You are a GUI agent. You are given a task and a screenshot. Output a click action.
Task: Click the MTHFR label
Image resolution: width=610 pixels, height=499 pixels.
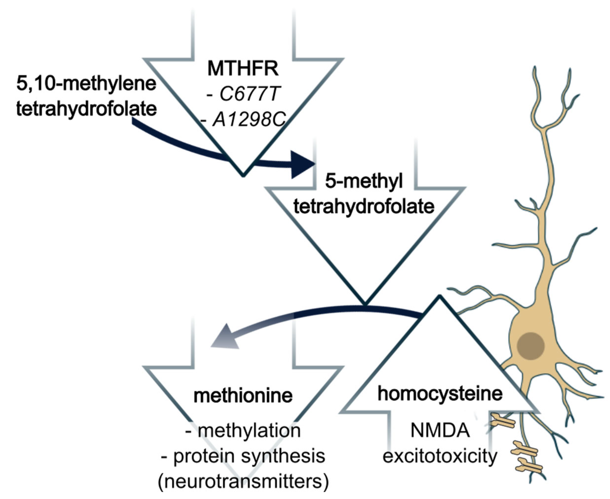click(243, 69)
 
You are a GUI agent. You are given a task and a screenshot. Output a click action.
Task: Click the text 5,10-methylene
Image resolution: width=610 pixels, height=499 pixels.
click(86, 84)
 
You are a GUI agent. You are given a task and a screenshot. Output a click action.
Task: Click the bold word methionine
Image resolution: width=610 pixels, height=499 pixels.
click(243, 396)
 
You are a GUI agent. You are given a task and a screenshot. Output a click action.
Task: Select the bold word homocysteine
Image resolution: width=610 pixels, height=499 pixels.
click(440, 393)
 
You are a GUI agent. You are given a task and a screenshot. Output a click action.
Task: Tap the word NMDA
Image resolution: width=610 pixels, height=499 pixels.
click(440, 430)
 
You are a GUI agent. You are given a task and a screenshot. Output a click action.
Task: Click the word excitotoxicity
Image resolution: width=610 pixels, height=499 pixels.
click(440, 456)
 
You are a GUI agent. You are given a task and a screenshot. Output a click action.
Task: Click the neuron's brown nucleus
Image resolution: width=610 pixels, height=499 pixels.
click(531, 346)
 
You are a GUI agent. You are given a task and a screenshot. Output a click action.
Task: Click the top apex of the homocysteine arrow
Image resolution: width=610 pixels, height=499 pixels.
click(439, 297)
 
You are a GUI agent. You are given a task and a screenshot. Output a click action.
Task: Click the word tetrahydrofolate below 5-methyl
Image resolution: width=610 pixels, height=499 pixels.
click(364, 206)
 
